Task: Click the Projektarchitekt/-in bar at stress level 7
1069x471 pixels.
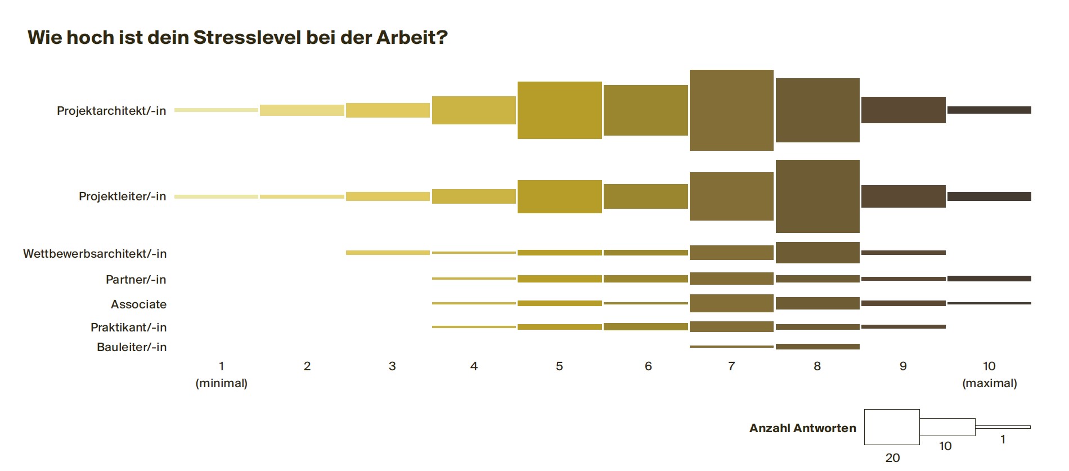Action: pos(731,110)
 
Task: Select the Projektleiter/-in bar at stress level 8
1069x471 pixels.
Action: pos(818,196)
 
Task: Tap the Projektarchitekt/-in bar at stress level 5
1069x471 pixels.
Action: pos(560,110)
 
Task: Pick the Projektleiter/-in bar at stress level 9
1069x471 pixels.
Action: pos(904,196)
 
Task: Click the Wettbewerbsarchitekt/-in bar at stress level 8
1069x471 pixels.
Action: pos(818,253)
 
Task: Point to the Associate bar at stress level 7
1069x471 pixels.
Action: pos(731,303)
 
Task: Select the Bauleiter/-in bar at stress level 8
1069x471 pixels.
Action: pos(818,347)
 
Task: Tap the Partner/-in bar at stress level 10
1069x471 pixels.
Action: pos(989,279)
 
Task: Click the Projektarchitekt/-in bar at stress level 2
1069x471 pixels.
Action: pos(302,110)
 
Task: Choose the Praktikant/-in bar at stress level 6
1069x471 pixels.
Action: pos(646,327)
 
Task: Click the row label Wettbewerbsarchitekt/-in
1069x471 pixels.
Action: pos(95,254)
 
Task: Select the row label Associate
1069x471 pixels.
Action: pos(138,304)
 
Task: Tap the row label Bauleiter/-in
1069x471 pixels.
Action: pos(132,347)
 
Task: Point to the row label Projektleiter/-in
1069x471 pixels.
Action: pos(123,196)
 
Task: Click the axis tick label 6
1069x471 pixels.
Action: pos(648,366)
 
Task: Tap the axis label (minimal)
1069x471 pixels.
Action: pos(222,384)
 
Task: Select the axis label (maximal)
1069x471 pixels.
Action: pos(990,384)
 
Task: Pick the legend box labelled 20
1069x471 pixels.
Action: pos(892,427)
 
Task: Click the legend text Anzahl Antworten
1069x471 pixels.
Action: pos(803,428)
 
